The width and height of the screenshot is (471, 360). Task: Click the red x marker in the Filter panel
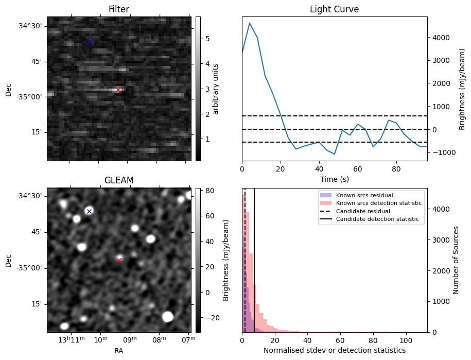coord(118,90)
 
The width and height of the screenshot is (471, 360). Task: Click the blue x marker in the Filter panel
coord(89,42)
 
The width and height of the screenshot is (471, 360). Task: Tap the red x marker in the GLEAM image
coord(119,260)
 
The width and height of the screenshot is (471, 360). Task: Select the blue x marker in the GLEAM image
coord(89,211)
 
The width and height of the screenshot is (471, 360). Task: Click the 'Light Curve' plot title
coord(334,9)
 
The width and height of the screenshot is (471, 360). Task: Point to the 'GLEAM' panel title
coord(119,180)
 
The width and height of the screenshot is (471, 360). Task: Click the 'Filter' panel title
coord(119,9)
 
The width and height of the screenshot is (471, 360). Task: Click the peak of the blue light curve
coord(250,23)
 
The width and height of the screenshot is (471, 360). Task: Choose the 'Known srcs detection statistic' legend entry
coord(378,203)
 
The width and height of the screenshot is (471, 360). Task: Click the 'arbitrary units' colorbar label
coord(216,89)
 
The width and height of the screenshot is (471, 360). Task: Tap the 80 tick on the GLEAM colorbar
coord(204,191)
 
